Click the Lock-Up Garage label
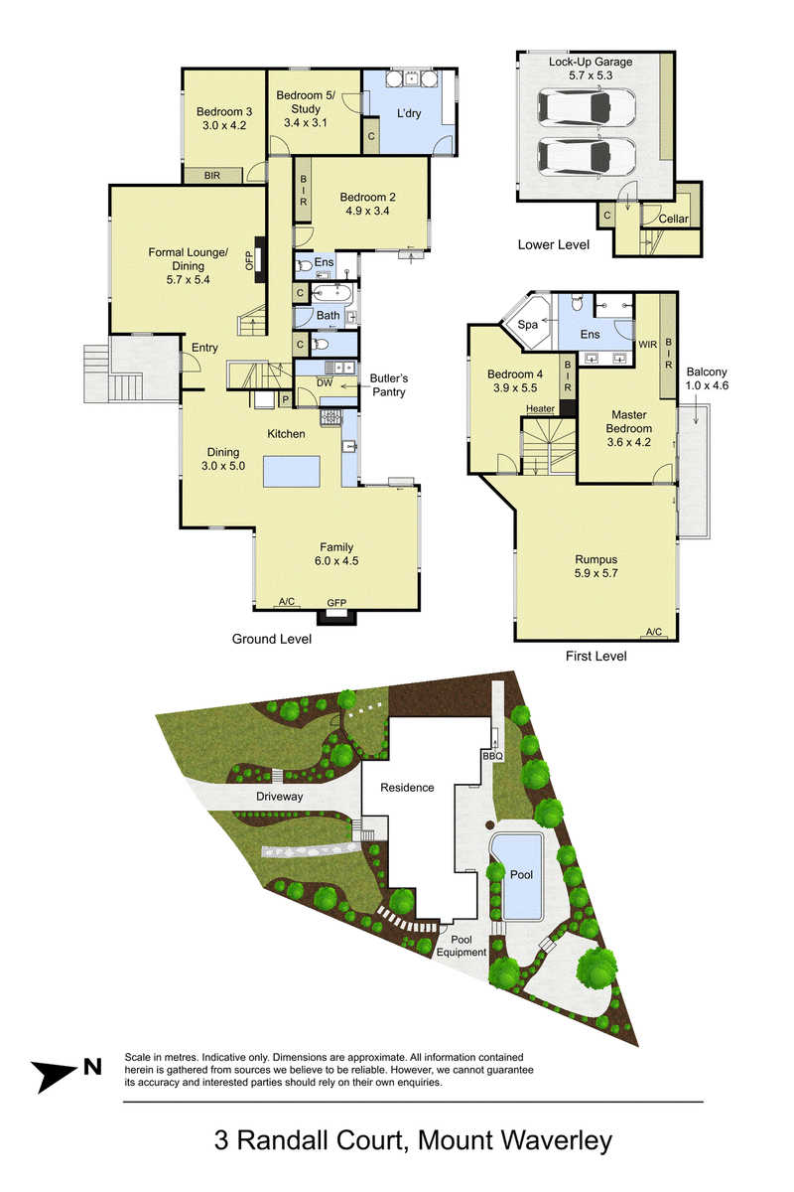click(591, 62)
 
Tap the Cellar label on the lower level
click(673, 219)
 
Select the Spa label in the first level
click(528, 324)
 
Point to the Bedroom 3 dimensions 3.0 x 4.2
click(224, 125)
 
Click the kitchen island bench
click(292, 471)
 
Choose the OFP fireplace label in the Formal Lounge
click(249, 260)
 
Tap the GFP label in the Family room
click(336, 603)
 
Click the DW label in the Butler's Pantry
click(325, 382)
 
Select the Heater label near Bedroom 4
click(540, 408)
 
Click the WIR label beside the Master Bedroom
click(648, 345)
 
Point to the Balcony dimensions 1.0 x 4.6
click(707, 385)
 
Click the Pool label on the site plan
click(521, 874)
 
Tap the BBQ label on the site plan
click(492, 756)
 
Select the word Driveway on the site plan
click(279, 797)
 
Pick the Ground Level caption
click(272, 639)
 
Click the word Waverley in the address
click(556, 1140)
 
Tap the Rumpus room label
click(595, 559)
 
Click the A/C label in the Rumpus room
click(654, 632)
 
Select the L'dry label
click(409, 113)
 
